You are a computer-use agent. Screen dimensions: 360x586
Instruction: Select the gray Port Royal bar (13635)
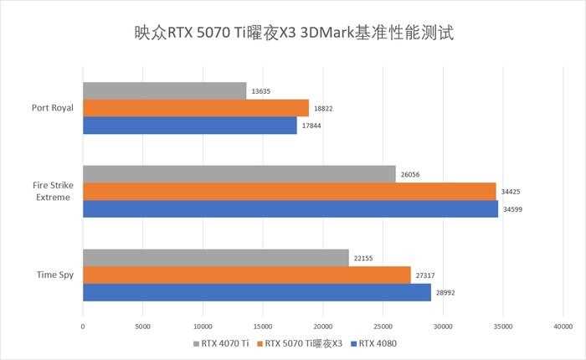tap(164, 90)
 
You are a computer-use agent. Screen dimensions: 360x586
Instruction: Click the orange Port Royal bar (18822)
tap(195, 107)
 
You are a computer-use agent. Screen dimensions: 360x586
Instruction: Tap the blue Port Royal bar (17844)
tap(189, 125)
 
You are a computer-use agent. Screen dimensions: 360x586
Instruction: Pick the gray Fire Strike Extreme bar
tap(239, 173)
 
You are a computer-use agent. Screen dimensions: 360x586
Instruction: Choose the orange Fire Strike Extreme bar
tap(289, 191)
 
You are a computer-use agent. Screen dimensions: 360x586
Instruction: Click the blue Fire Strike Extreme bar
tap(290, 208)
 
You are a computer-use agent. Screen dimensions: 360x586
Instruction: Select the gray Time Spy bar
tap(215, 258)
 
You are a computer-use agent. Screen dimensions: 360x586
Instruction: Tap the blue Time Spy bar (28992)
tap(256, 292)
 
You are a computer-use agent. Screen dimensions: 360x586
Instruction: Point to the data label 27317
tap(428, 275)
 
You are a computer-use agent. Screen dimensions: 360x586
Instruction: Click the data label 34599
tap(515, 208)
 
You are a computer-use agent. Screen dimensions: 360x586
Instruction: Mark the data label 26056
tap(413, 174)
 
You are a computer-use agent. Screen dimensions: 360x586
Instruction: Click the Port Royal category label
tap(52, 107)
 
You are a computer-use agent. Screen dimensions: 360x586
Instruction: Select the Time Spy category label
tap(55, 275)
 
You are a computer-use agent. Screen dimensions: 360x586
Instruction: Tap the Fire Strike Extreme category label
tap(52, 191)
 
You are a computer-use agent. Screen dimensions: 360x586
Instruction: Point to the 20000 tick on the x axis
tap(322, 326)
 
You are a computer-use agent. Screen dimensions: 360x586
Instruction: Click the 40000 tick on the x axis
tap(563, 326)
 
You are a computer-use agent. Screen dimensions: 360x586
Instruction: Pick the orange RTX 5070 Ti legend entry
tap(298, 343)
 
